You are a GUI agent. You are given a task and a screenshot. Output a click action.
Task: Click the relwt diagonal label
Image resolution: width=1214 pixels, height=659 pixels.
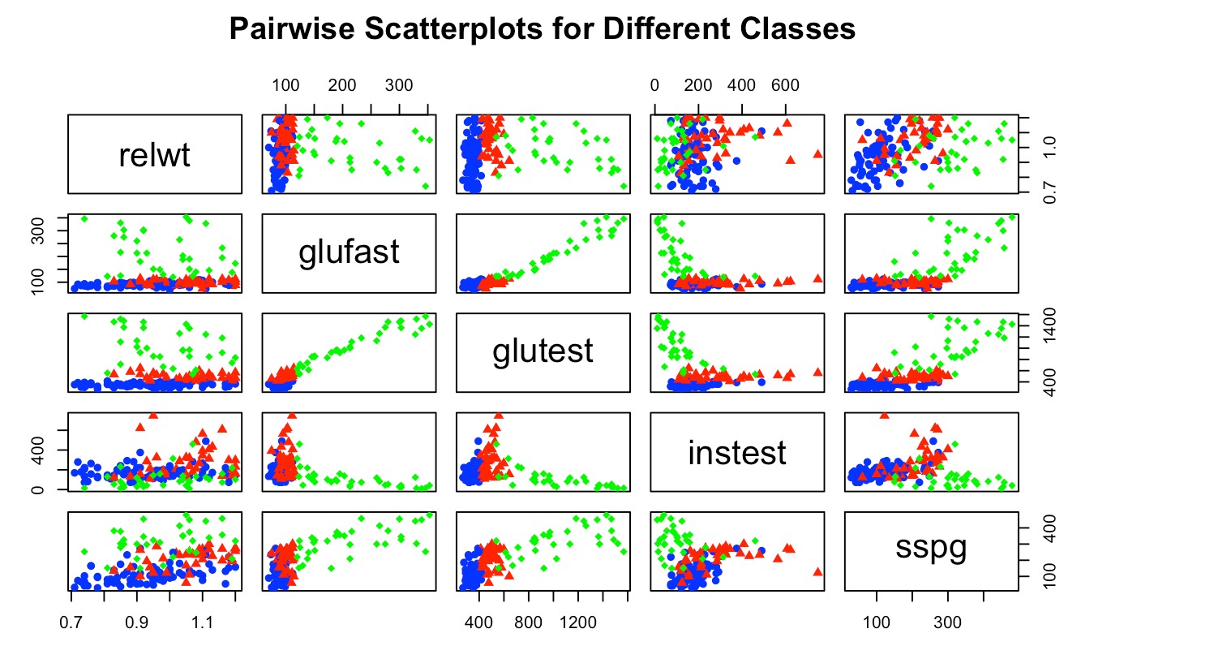(x=154, y=155)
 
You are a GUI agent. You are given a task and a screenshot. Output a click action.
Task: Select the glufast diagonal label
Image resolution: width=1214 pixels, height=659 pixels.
(x=350, y=253)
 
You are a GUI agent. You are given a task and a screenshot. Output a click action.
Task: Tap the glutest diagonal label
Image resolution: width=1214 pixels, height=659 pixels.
(x=543, y=351)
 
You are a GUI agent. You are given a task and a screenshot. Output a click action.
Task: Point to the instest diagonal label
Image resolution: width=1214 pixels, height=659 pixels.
(x=736, y=452)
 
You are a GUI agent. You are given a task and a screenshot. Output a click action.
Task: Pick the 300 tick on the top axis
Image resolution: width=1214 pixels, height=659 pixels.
(x=397, y=85)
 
